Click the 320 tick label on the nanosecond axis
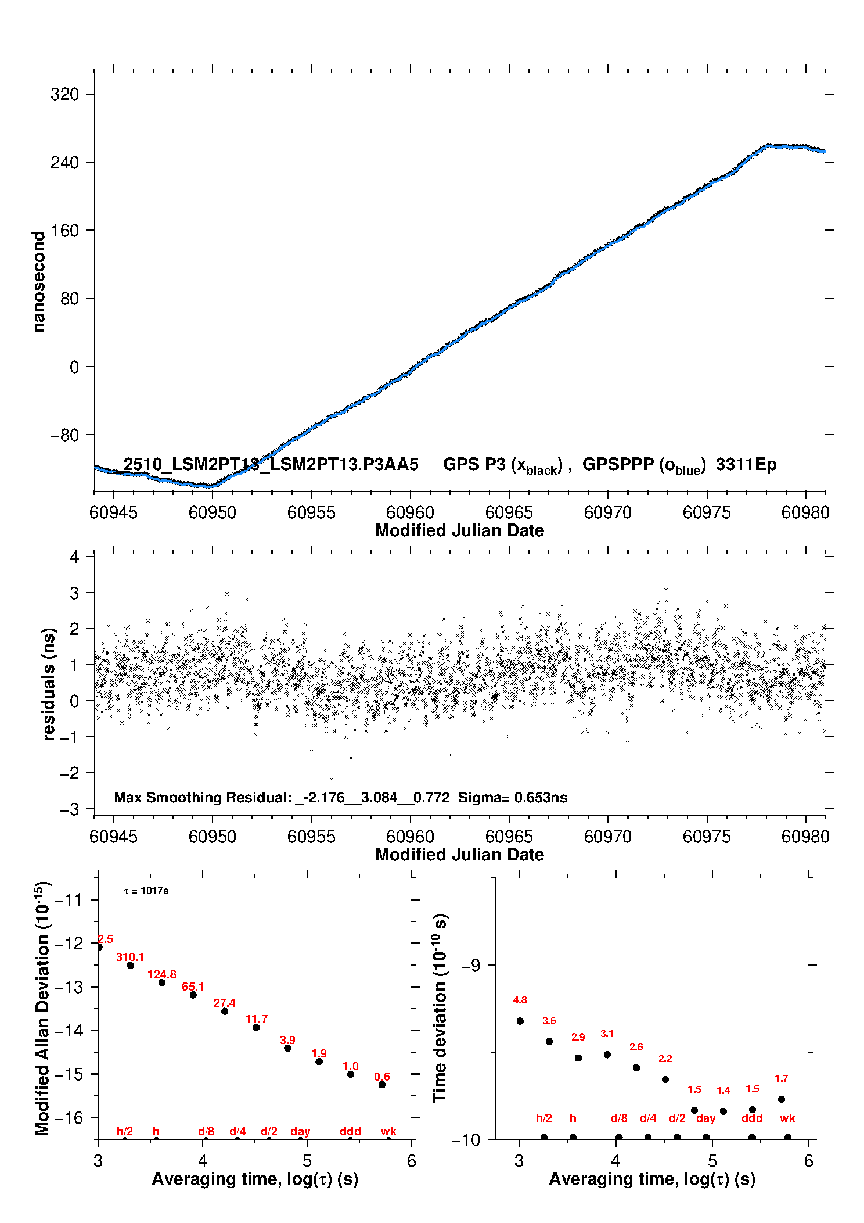pos(64,94)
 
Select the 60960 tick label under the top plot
pos(410,512)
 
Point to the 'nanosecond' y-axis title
pos(39,282)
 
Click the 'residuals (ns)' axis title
pos(49,684)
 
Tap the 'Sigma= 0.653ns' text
pos(512,797)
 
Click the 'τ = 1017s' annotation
pos(146,891)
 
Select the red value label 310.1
pos(130,957)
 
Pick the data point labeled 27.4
pos(225,1011)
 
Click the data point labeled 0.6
pos(382,1085)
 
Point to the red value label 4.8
pos(520,1000)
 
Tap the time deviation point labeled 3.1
pos(607,1055)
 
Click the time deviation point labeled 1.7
pos(782,1099)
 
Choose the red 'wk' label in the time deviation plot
pos(787,1118)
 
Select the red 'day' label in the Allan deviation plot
pos(300,1131)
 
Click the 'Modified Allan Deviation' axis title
pos(42,1008)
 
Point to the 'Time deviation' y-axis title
pos(440,1008)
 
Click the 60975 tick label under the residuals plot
pos(707,837)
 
